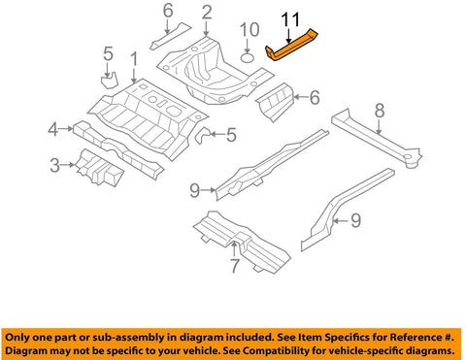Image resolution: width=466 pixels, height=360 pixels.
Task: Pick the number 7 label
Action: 234,265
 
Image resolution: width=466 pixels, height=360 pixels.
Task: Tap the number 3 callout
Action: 55,166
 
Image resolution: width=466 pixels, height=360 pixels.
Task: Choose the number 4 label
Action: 55,127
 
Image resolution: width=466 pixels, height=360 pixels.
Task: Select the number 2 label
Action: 206,12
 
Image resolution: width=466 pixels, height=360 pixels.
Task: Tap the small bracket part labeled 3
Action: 100,173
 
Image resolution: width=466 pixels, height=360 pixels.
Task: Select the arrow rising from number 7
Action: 234,250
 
